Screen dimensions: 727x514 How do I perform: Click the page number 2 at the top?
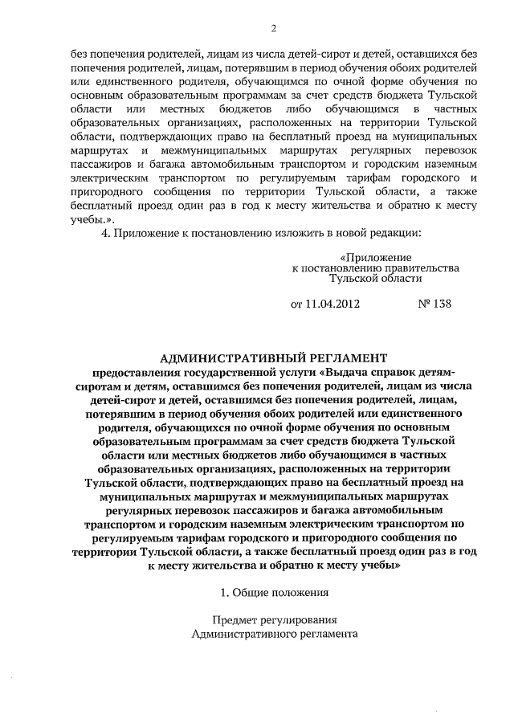[x=273, y=30]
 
